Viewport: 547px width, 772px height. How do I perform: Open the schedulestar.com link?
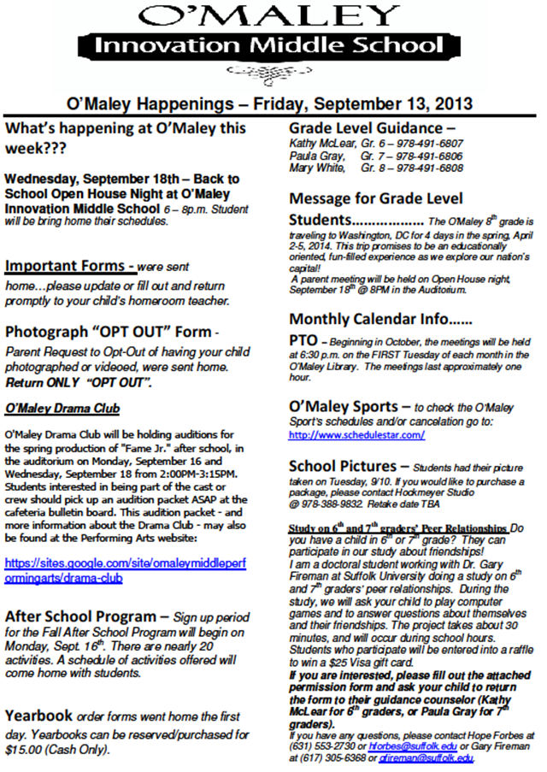pyautogui.click(x=356, y=435)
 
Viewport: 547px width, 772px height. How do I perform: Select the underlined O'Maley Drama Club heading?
pyautogui.click(x=62, y=408)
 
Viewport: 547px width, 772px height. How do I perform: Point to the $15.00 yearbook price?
pyautogui.click(x=27, y=749)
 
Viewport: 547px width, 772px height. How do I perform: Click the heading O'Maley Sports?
pyautogui.click(x=344, y=406)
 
